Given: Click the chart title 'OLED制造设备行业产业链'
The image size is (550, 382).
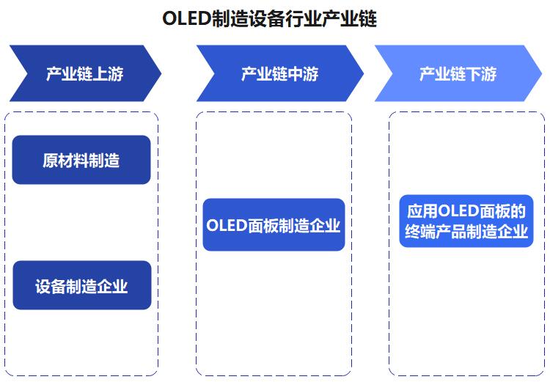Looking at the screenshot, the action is click(269, 18).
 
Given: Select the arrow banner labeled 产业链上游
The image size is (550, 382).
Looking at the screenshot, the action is click(85, 73).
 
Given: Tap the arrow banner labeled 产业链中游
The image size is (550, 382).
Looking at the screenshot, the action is click(280, 73).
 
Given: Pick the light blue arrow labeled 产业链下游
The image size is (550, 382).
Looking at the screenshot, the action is click(458, 73).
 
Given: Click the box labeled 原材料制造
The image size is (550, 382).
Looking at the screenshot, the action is click(81, 160).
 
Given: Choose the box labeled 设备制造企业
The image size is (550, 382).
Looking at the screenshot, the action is click(82, 285).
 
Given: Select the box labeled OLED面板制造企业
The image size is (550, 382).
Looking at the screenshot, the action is click(274, 225).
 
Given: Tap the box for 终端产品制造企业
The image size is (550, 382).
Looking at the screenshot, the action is click(466, 221).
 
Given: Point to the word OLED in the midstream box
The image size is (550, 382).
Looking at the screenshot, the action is click(227, 226).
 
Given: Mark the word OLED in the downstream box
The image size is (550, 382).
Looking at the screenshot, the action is click(459, 211).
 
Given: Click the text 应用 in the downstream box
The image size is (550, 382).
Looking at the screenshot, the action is click(422, 211).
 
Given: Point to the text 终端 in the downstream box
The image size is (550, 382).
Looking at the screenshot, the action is click(420, 232).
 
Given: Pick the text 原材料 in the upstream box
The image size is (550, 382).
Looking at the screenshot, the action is click(65, 161).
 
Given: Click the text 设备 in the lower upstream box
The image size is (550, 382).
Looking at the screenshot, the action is click(51, 286).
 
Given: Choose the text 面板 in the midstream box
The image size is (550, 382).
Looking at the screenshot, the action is click(263, 226).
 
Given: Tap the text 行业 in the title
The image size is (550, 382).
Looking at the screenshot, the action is click(304, 18).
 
